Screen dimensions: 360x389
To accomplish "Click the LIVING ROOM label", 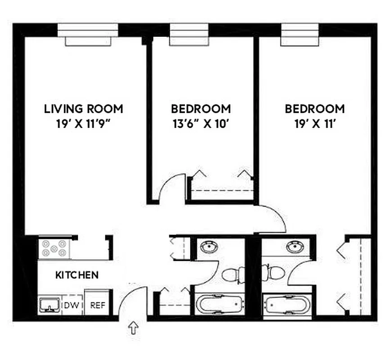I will [x=83, y=108].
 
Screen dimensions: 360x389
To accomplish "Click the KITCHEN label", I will [x=77, y=274].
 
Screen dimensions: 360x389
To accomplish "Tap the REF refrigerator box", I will [x=98, y=305].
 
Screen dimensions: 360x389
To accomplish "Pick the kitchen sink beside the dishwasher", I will [x=49, y=305].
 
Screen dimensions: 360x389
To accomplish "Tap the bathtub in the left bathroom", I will [x=219, y=305].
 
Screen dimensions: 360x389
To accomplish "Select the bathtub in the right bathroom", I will [x=286, y=305].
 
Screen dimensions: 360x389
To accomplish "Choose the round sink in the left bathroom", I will [x=209, y=247].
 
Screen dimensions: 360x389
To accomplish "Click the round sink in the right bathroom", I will [x=295, y=246].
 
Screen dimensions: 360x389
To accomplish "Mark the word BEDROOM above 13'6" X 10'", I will [x=201, y=108].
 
